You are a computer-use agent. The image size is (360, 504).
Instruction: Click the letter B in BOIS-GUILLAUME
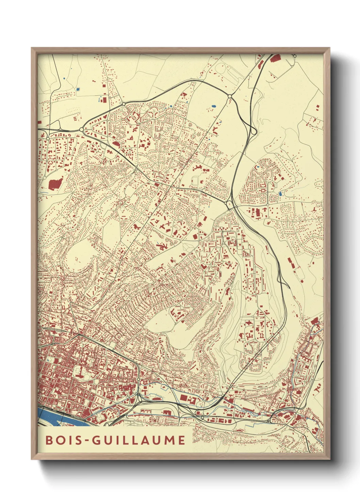(x=49, y=440)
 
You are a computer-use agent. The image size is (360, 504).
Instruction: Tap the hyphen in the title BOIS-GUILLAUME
(x=86, y=440)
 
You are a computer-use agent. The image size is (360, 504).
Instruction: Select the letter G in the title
(x=96, y=440)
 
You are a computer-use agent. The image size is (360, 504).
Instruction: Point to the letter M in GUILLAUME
(x=167, y=440)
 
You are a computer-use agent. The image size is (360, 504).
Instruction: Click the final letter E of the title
(x=181, y=440)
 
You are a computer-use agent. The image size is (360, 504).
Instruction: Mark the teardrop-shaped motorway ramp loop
(x=253, y=130)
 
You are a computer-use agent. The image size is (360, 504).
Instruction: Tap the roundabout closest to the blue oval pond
(x=230, y=97)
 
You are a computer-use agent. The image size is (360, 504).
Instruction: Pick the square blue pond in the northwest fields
(x=78, y=90)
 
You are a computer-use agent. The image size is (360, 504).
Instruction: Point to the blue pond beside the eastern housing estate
(x=280, y=194)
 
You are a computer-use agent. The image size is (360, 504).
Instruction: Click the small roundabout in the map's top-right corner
(x=295, y=56)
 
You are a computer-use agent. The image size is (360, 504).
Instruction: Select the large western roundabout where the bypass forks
(x=82, y=129)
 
